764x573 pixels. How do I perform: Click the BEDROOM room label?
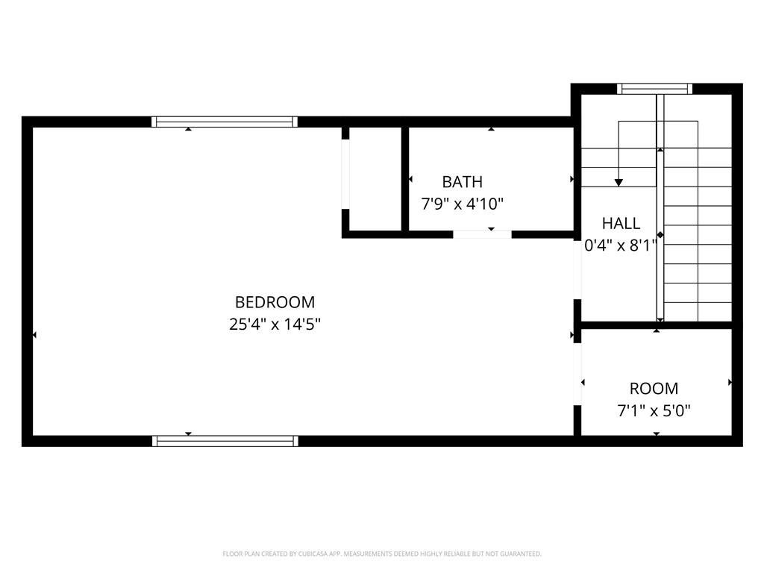(275, 302)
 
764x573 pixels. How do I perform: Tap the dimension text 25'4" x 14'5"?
(275, 324)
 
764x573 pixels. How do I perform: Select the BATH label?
(463, 182)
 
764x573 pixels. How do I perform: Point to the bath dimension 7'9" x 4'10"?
(462, 204)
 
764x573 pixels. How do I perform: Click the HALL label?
(621, 223)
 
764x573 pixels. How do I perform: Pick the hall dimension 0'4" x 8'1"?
(621, 245)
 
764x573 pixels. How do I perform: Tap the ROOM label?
(654, 388)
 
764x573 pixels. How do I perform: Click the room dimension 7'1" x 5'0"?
(654, 411)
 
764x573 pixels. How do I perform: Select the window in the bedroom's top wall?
(224, 122)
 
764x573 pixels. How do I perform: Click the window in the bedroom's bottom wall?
(225, 441)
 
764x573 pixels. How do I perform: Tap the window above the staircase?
(655, 89)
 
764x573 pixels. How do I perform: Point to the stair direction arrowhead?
(619, 183)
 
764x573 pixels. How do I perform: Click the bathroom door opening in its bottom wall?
(483, 234)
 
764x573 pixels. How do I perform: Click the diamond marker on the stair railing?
(660, 235)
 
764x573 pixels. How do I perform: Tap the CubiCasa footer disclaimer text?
(382, 554)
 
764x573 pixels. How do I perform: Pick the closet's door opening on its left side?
(345, 175)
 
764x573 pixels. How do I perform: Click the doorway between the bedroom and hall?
(577, 269)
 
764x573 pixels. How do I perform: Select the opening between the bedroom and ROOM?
(577, 375)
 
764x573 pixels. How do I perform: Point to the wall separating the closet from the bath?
(405, 179)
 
